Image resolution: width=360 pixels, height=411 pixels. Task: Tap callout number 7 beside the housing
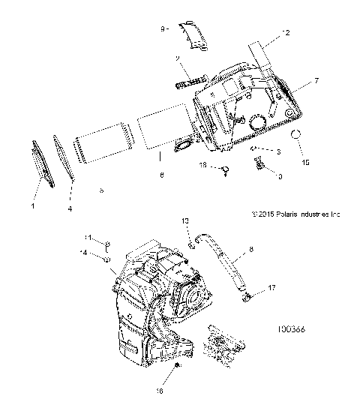[315, 79]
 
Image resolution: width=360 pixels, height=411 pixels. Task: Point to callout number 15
[304, 162]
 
